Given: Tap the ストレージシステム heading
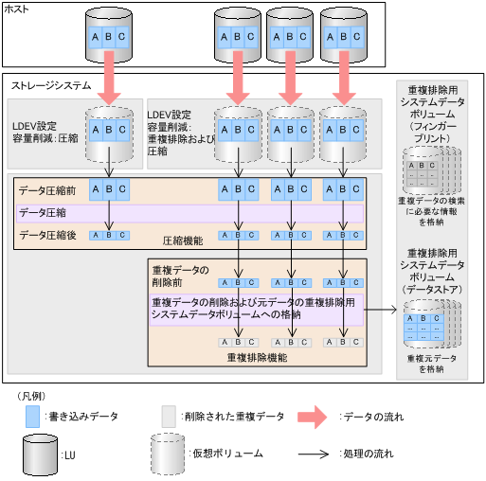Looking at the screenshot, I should pyautogui.click(x=46, y=85).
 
